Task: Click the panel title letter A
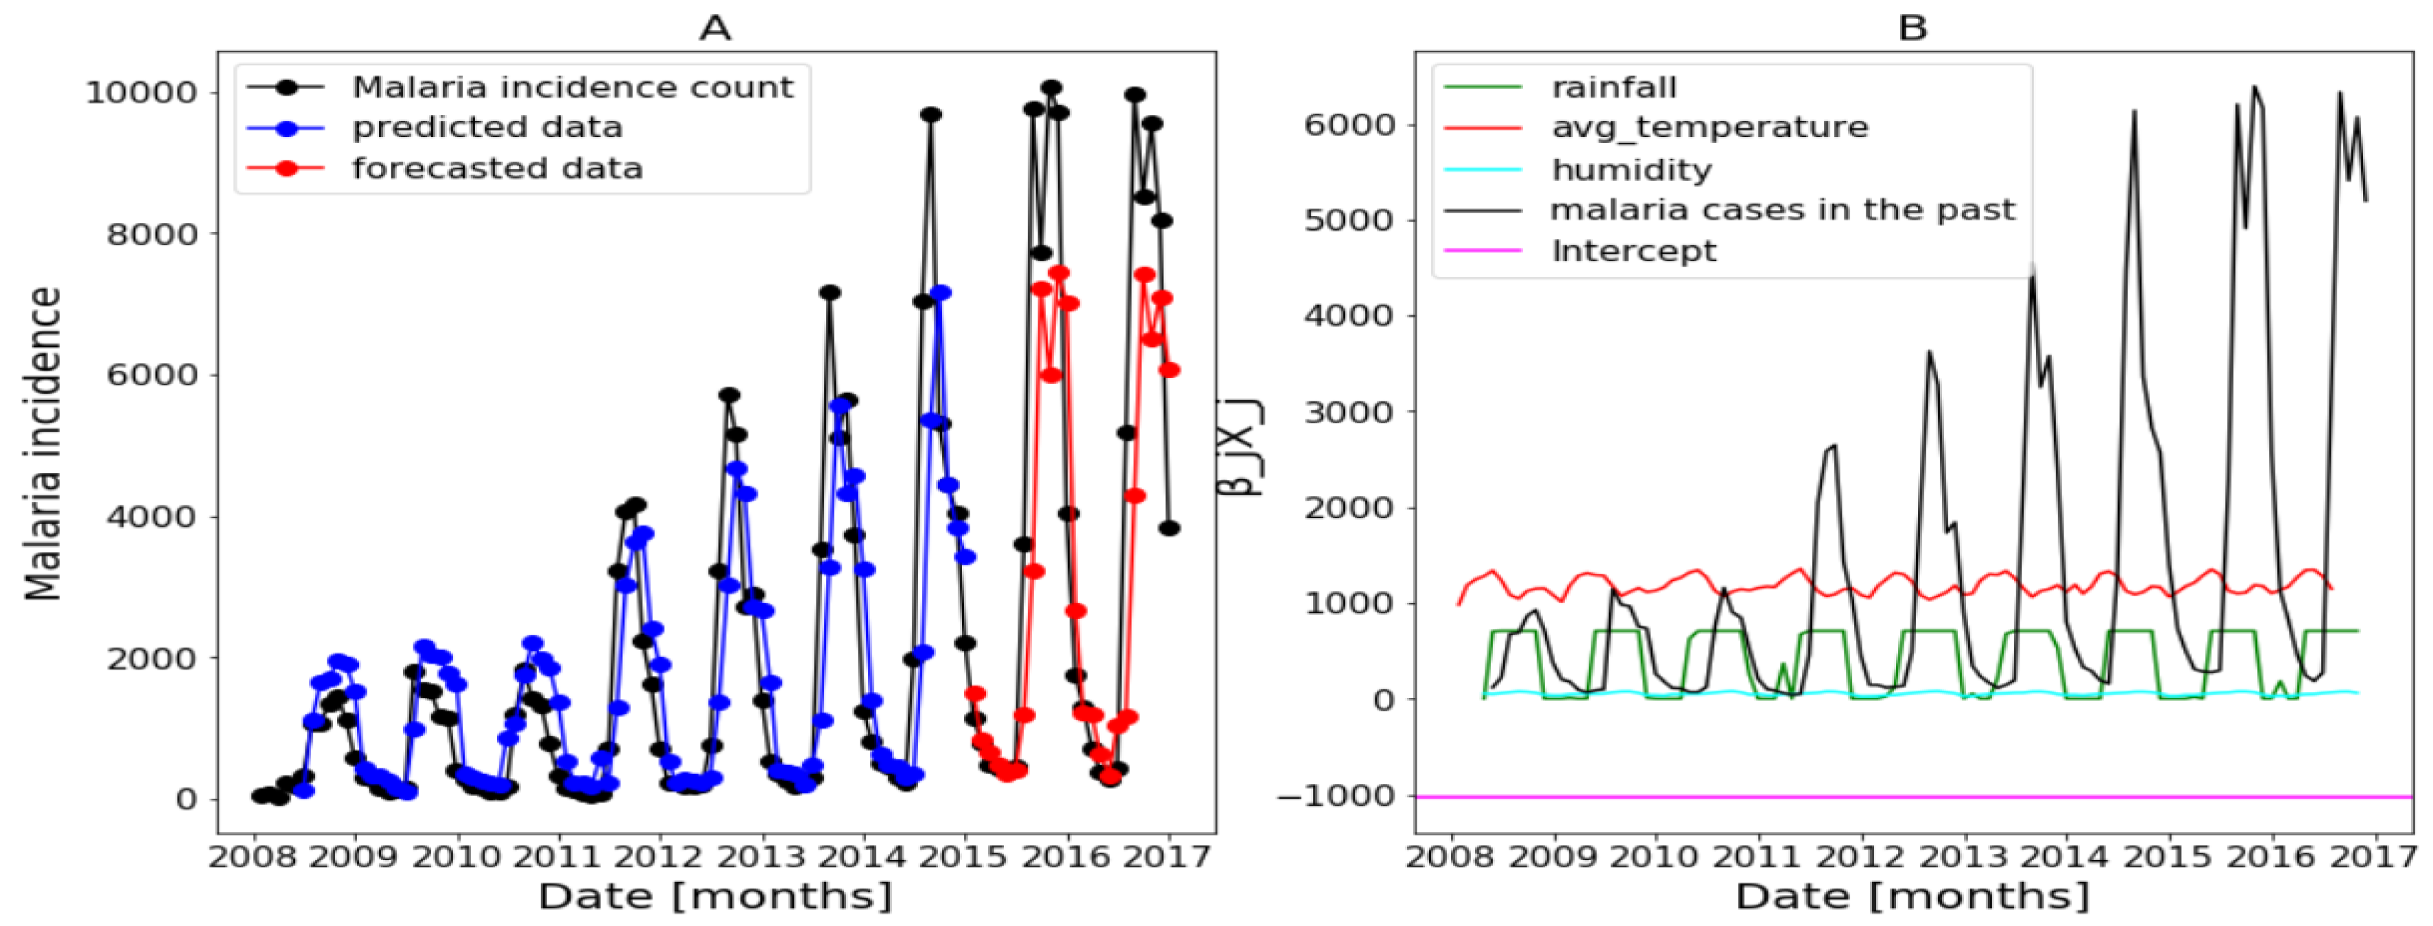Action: point(715,28)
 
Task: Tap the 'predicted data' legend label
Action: point(487,127)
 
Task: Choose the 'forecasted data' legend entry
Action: point(497,168)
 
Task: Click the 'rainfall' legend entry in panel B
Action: point(1614,87)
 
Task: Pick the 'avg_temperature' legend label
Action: point(1710,127)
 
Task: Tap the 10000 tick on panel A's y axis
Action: point(141,92)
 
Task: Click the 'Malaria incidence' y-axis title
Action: point(43,444)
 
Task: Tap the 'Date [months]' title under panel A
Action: point(715,896)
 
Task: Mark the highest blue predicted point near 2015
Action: point(941,293)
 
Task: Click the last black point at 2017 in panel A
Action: point(1169,528)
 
